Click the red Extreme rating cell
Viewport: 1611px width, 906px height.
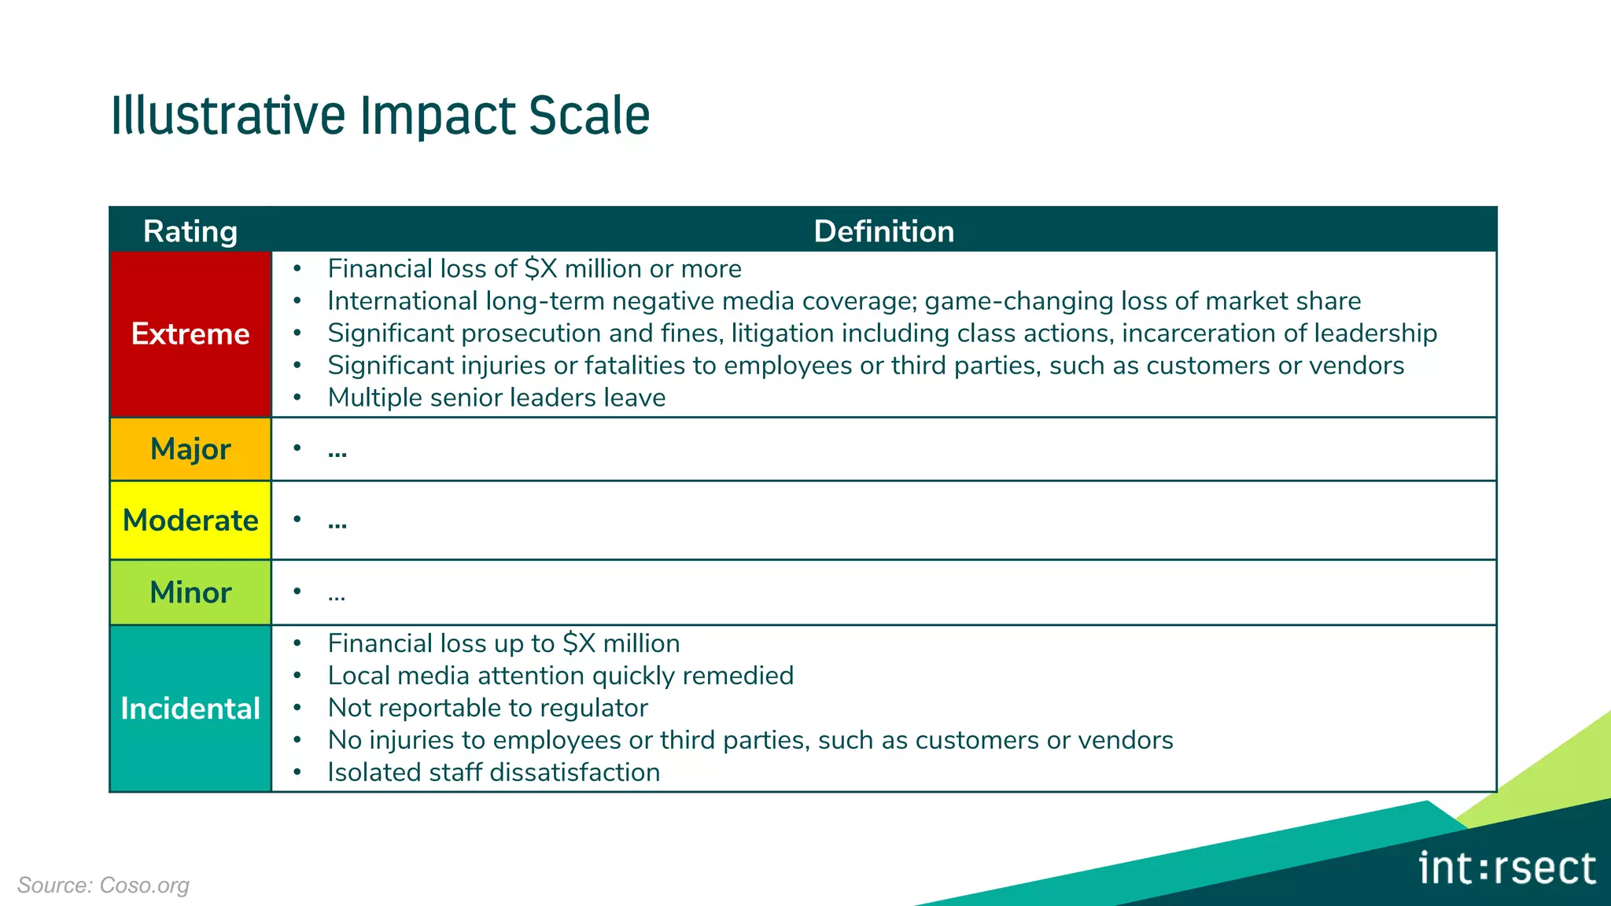pyautogui.click(x=190, y=334)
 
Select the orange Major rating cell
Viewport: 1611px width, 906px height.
pyautogui.click(x=190, y=449)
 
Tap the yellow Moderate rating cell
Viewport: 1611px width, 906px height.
pyautogui.click(x=190, y=521)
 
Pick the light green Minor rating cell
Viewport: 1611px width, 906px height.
pyautogui.click(x=190, y=592)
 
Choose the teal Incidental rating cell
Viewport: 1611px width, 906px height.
pyautogui.click(x=190, y=709)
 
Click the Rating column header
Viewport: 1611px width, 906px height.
pyautogui.click(x=190, y=231)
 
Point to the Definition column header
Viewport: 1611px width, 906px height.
pyautogui.click(x=883, y=231)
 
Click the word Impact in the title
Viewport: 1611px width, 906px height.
pyautogui.click(x=437, y=116)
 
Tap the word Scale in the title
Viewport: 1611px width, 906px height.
pyautogui.click(x=588, y=116)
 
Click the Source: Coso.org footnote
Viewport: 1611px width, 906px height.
pyautogui.click(x=103, y=886)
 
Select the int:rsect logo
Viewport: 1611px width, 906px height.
pyautogui.click(x=1507, y=869)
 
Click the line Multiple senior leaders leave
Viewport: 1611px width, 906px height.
pyautogui.click(x=496, y=398)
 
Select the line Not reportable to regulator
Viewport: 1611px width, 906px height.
pyautogui.click(x=488, y=708)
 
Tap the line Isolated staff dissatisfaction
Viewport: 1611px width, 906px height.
pyautogui.click(x=493, y=772)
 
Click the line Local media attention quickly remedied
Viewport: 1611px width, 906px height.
pyautogui.click(x=560, y=676)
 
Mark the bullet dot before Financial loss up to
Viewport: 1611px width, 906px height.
pyautogui.click(x=297, y=643)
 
